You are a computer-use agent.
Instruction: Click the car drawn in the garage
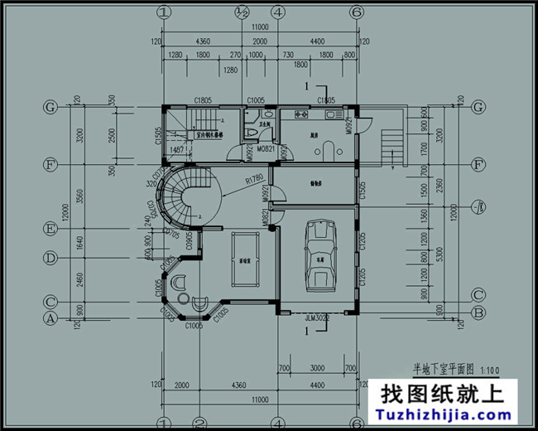click(x=320, y=256)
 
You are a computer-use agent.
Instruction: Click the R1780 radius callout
click(x=253, y=178)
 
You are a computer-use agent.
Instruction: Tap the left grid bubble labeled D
click(x=50, y=259)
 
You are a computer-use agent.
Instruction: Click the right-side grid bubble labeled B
click(x=477, y=312)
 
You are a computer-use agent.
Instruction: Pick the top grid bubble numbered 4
click(x=278, y=12)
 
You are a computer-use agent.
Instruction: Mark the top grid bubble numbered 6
click(x=357, y=12)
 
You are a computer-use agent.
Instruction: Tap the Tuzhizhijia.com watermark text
click(x=448, y=413)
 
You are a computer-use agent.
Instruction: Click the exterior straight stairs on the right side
click(x=391, y=147)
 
